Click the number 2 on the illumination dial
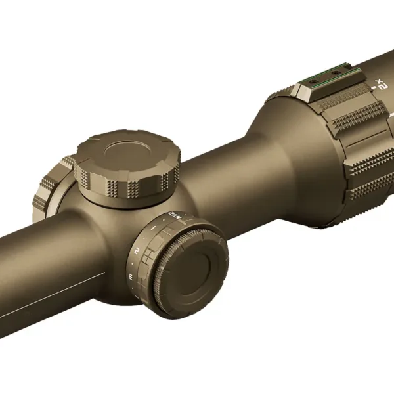pos(137,250)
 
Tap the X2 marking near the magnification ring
pos(380,83)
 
